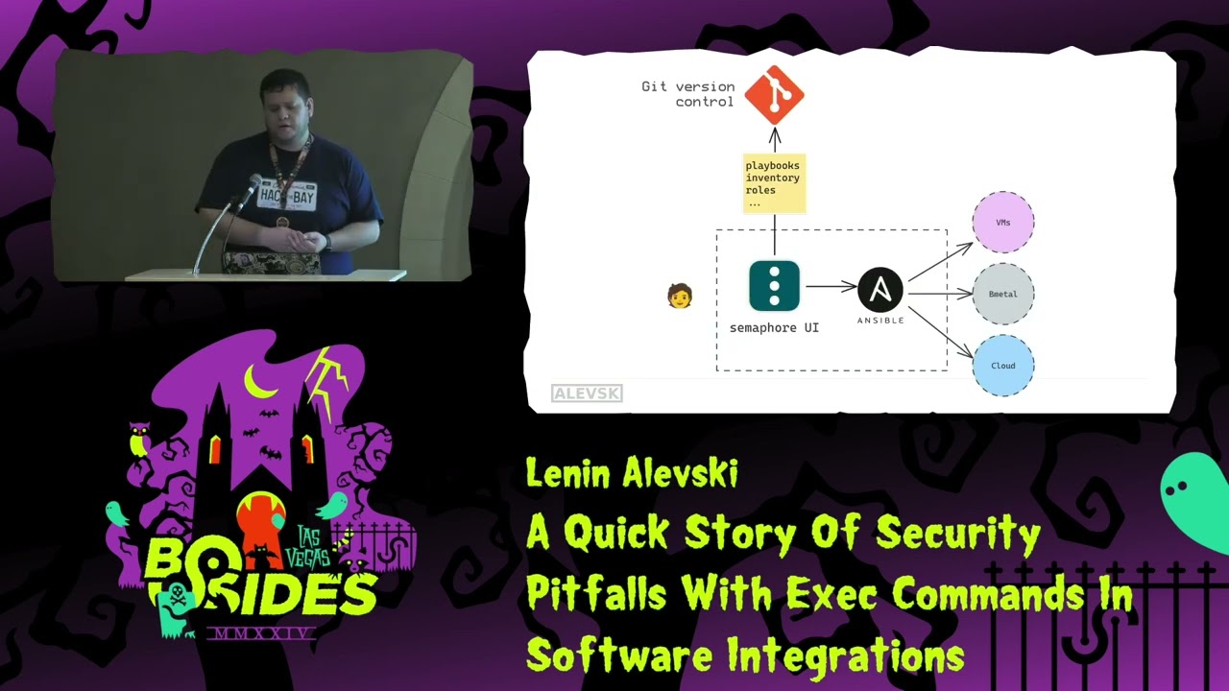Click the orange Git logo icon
click(x=774, y=94)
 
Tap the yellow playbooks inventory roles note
click(x=773, y=182)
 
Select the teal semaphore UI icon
click(x=774, y=286)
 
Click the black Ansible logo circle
click(x=880, y=289)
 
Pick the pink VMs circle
click(x=1003, y=223)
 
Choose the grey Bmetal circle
click(x=1003, y=294)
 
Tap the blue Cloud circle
click(x=1003, y=366)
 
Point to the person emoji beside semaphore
click(x=680, y=296)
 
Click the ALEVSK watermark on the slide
click(x=587, y=393)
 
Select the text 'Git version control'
click(x=688, y=94)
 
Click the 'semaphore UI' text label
click(x=774, y=328)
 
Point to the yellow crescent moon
click(x=257, y=381)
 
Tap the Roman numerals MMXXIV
click(x=261, y=634)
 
